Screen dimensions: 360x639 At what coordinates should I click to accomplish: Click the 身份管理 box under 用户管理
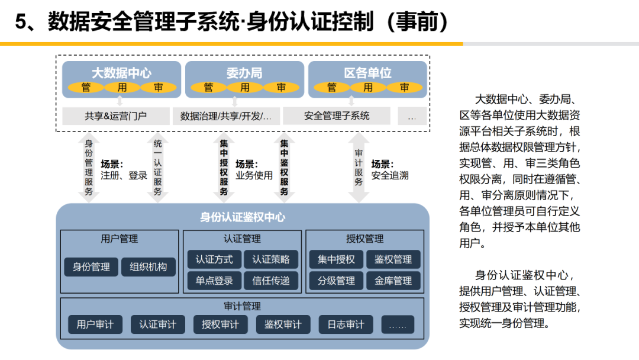coord(91,267)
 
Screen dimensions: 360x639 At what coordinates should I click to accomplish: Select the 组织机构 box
coord(149,267)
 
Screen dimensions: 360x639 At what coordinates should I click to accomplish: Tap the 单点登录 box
coord(214,281)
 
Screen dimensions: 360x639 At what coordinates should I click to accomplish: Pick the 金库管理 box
coord(393,281)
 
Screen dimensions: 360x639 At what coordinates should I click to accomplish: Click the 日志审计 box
coord(346,324)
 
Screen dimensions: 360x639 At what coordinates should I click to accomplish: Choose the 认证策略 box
coord(271,259)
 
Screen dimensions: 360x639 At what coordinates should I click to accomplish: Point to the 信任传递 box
coord(271,281)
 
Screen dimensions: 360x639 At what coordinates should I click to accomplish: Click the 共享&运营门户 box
coord(115,116)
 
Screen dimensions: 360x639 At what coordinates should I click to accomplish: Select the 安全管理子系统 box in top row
coord(337,116)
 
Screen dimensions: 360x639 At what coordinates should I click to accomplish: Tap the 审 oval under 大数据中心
coord(159,88)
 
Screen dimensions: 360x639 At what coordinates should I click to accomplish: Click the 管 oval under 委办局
coord(208,88)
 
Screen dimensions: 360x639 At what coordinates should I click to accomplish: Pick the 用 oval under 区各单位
coord(368,88)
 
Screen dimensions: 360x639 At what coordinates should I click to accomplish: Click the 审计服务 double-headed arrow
coord(359,168)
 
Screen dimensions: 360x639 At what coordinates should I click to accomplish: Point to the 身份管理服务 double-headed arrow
coord(89,168)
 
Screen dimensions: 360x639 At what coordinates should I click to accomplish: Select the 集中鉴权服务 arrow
coord(285,168)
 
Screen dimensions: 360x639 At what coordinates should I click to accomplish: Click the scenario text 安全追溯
coord(390,175)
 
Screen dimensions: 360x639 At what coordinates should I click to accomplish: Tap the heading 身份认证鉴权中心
coord(243,217)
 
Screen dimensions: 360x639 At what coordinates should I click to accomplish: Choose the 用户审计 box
coord(95,324)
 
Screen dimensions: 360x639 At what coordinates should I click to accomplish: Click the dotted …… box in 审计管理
coord(398,324)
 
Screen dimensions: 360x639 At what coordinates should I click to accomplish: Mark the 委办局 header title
coord(244,73)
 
